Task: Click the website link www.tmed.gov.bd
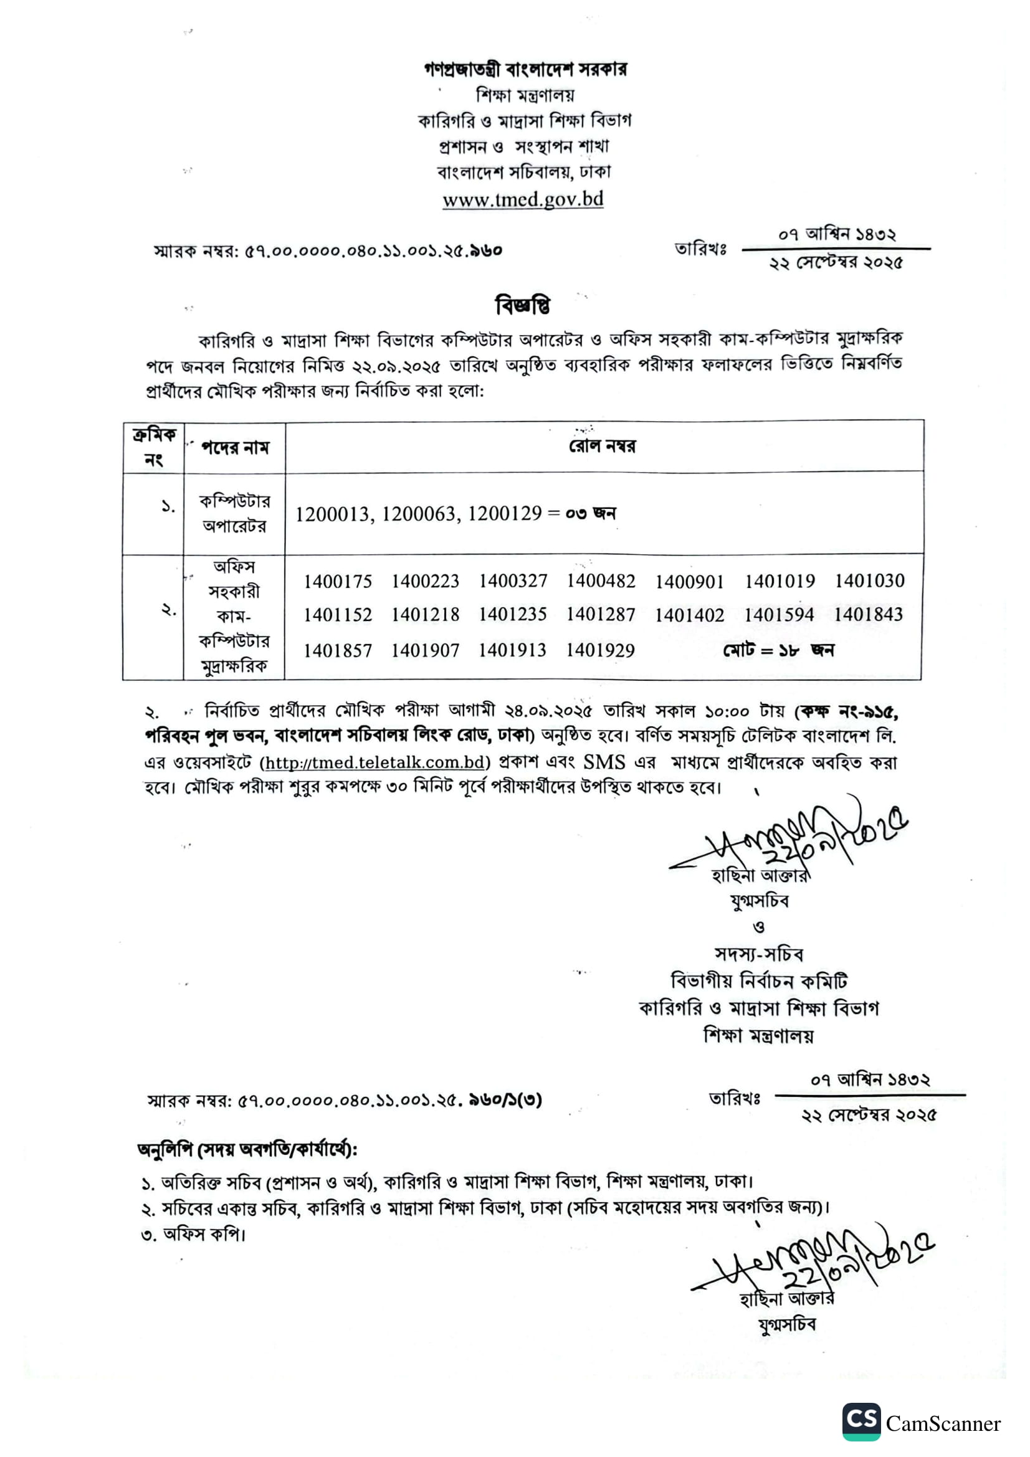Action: (522, 200)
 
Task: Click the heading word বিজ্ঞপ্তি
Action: (522, 306)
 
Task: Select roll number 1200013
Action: (333, 513)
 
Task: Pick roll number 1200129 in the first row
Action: (505, 513)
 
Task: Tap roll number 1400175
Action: (338, 581)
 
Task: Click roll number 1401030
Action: (869, 581)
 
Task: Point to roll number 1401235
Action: (512, 614)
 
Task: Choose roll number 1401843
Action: (868, 614)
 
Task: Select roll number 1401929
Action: (600, 650)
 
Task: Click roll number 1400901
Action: (689, 581)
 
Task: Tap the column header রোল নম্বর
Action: (603, 446)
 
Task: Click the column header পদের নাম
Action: (235, 448)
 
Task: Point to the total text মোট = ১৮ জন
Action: (778, 650)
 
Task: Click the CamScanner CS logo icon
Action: (861, 1421)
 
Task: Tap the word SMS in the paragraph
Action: (604, 762)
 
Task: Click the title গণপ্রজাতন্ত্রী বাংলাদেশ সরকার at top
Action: (525, 69)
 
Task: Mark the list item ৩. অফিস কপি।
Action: (194, 1234)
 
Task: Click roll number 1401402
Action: (689, 615)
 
